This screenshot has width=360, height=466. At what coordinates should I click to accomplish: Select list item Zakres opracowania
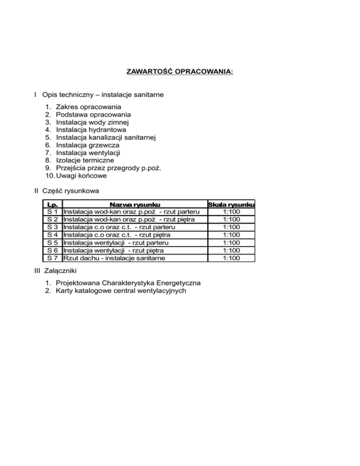[85, 107]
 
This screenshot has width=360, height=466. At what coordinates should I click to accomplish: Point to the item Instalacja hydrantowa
[91, 130]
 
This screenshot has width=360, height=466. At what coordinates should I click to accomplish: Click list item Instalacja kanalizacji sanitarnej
[105, 137]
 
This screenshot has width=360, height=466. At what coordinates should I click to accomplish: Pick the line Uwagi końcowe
[80, 175]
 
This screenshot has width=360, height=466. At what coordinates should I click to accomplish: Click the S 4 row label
[52, 234]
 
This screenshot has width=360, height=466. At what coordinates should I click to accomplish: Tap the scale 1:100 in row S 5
[232, 242]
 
